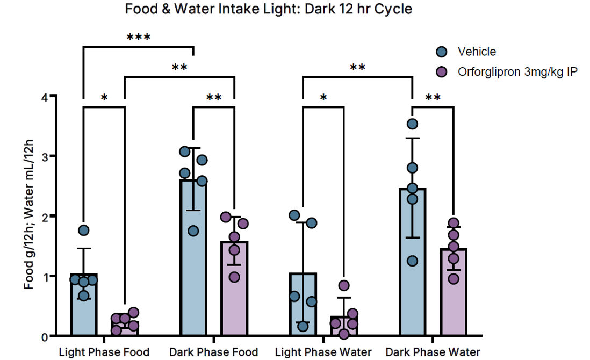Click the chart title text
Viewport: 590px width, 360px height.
tap(268, 9)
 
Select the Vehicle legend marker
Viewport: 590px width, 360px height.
tap(442, 52)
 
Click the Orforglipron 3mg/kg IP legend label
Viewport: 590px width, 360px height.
tap(517, 72)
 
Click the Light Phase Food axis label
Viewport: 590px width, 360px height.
tap(104, 352)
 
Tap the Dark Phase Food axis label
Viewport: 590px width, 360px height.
tap(213, 352)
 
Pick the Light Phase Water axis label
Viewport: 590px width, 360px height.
tap(323, 352)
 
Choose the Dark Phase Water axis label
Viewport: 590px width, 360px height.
tap(433, 352)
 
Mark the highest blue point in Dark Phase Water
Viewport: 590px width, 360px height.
tap(413, 124)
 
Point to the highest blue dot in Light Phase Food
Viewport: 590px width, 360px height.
tap(84, 231)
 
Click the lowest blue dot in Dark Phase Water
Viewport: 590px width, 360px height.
tap(412, 261)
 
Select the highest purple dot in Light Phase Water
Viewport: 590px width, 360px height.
tap(344, 285)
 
